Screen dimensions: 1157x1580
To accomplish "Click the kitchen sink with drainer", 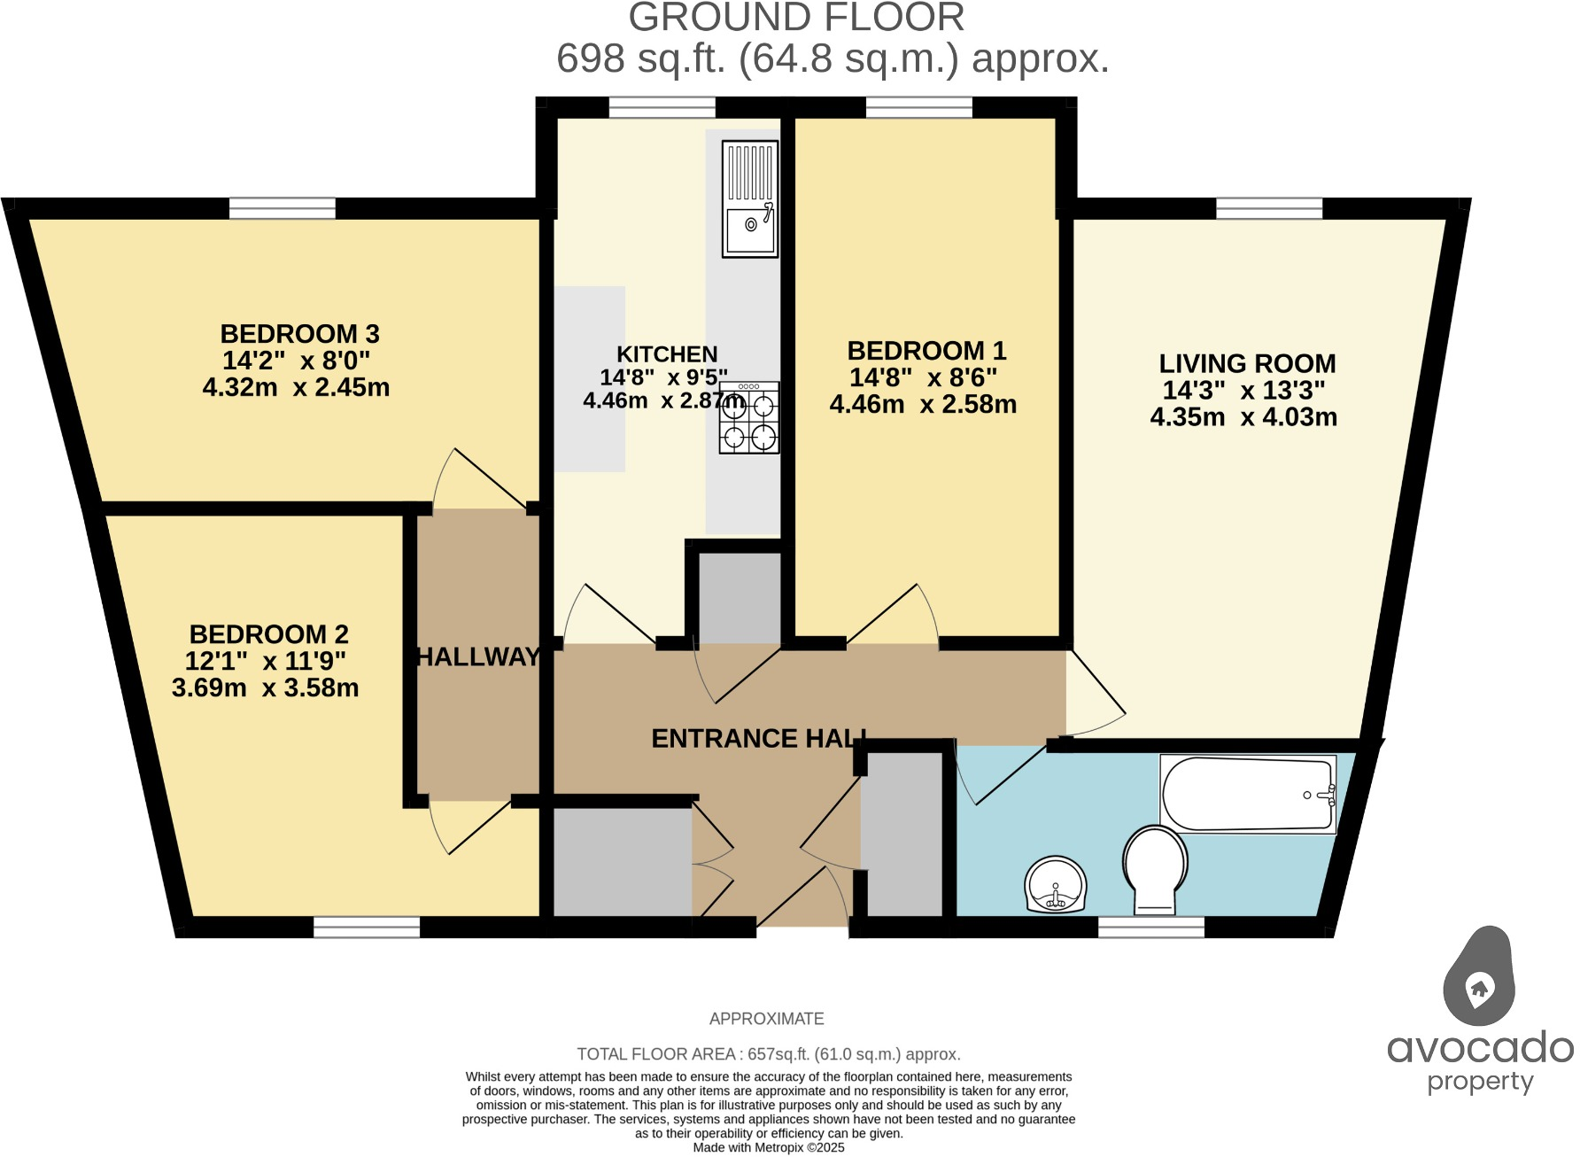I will pyautogui.click(x=750, y=199).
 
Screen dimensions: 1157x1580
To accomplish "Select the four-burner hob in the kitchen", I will pyautogui.click(x=749, y=418).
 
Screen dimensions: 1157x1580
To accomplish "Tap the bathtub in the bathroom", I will pyautogui.click(x=1248, y=795).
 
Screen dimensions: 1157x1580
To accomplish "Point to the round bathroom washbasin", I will pyautogui.click(x=1055, y=884).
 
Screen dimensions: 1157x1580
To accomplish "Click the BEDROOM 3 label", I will pyautogui.click(x=299, y=334).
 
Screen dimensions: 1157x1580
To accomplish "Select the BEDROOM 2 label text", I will pyautogui.click(x=268, y=634).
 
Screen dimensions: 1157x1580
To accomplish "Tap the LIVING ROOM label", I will pyautogui.click(x=1247, y=363).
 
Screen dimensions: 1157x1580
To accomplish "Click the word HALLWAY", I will pyautogui.click(x=478, y=656).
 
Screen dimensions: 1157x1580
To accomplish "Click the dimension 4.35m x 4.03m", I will pyautogui.click(x=1243, y=416).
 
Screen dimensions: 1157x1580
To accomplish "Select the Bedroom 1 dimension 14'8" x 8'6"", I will pyautogui.click(x=923, y=377).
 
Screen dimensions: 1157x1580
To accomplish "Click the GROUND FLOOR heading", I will pyautogui.click(x=796, y=18).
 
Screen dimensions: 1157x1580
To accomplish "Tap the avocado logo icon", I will pyautogui.click(x=1479, y=976).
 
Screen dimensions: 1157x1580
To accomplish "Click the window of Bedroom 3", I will pyautogui.click(x=283, y=208).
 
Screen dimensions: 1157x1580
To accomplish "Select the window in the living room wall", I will pyautogui.click(x=1269, y=208).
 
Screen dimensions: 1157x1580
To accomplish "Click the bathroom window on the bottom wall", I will pyautogui.click(x=1151, y=927).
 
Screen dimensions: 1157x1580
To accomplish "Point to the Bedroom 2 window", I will pyautogui.click(x=367, y=927).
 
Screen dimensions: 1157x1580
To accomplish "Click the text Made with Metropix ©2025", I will pyautogui.click(x=769, y=1147).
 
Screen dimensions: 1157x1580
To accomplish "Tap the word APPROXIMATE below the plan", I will pyautogui.click(x=767, y=1019).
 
